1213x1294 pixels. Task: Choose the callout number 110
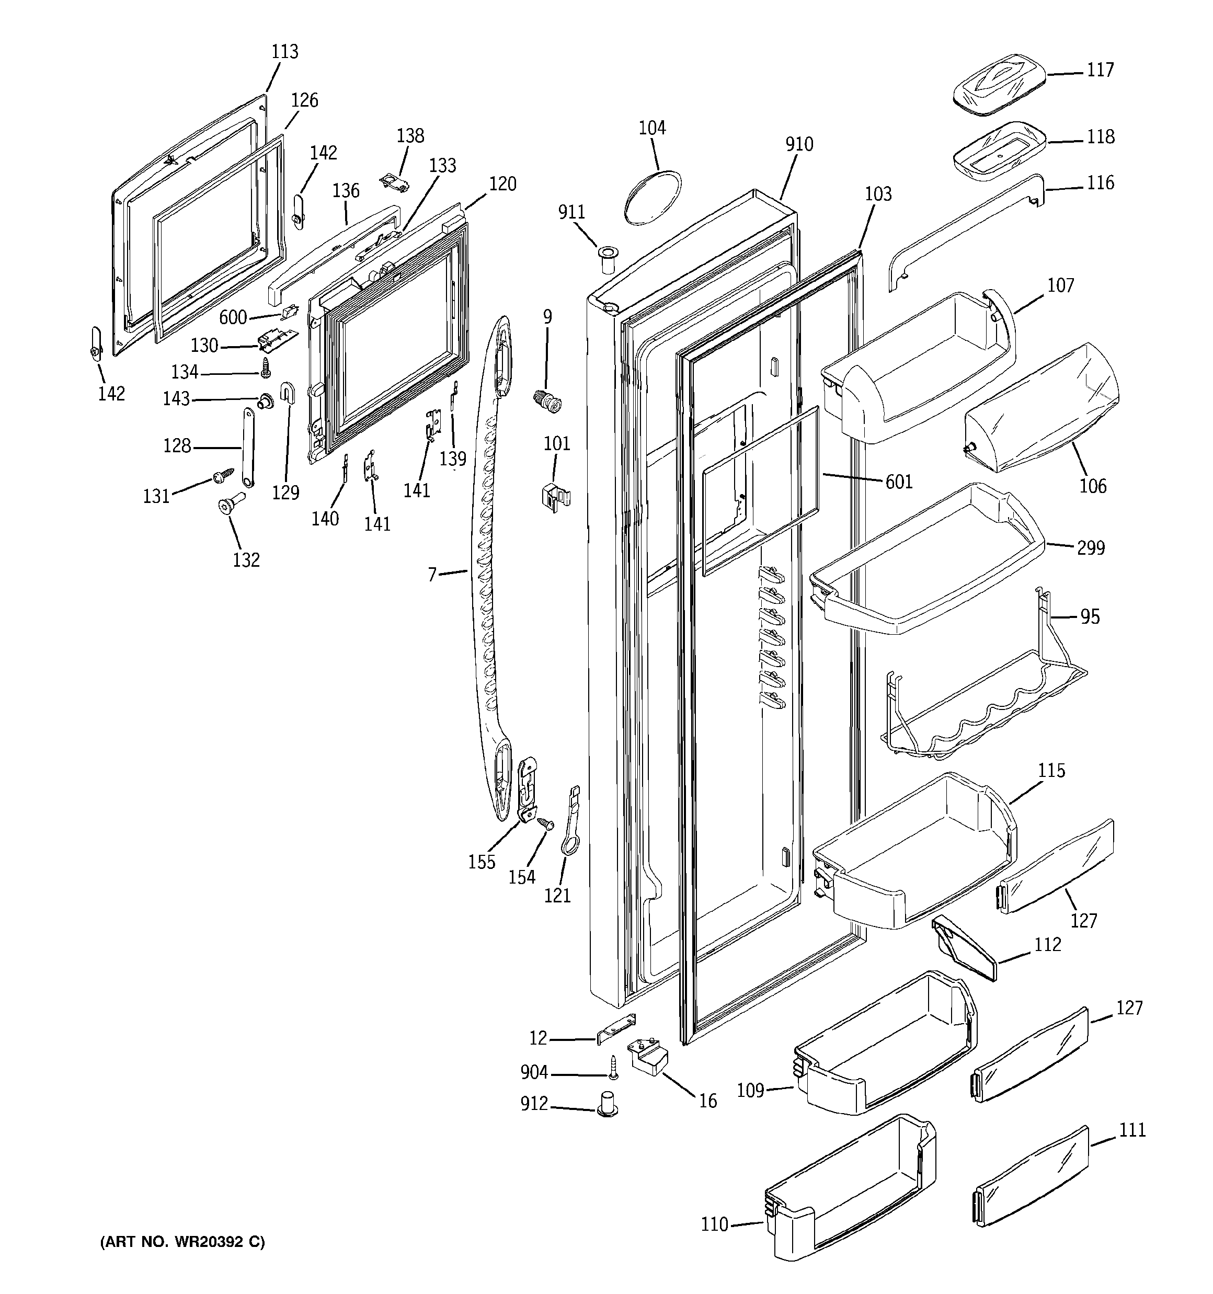click(x=714, y=1224)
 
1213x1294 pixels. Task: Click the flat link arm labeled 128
click(x=248, y=446)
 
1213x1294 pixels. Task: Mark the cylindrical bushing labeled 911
click(x=608, y=261)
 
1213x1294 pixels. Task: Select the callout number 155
click(x=482, y=861)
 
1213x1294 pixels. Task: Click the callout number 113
click(x=284, y=51)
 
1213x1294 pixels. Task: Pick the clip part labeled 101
click(x=555, y=497)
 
